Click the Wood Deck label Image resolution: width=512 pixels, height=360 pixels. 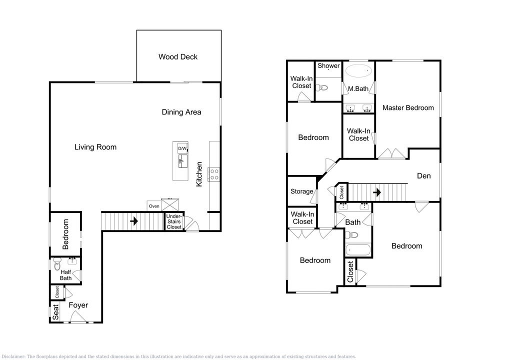tap(178, 57)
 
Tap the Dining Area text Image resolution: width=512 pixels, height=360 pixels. tap(181, 112)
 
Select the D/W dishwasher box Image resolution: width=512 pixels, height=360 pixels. tap(182, 148)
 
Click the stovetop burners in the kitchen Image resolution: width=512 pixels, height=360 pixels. tap(214, 174)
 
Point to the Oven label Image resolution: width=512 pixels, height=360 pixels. tap(154, 206)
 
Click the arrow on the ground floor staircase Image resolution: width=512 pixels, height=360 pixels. tap(134, 221)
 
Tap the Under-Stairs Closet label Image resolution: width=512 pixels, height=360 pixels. tap(174, 221)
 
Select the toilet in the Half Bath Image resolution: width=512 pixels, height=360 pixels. tap(57, 264)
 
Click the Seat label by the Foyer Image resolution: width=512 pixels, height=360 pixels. tap(56, 312)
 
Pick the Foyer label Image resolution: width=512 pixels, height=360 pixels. tap(78, 305)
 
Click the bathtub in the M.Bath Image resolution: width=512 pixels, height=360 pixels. tap(359, 70)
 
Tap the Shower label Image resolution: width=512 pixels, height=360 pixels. tap(329, 65)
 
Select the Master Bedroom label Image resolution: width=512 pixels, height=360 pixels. tap(408, 108)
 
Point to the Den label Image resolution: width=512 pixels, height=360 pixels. tap(424, 176)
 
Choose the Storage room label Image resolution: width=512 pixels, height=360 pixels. tap(302, 191)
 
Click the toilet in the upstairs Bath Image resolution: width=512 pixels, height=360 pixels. tap(351, 235)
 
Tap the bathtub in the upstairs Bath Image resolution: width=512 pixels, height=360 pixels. tap(358, 250)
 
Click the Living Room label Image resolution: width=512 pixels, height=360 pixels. tap(95, 147)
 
